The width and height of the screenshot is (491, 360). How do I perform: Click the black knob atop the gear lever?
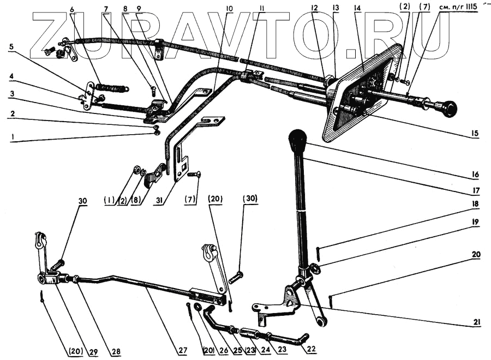click(x=298, y=141)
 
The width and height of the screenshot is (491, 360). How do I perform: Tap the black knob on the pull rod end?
click(x=450, y=108)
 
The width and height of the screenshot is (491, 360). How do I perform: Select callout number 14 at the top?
click(x=357, y=8)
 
